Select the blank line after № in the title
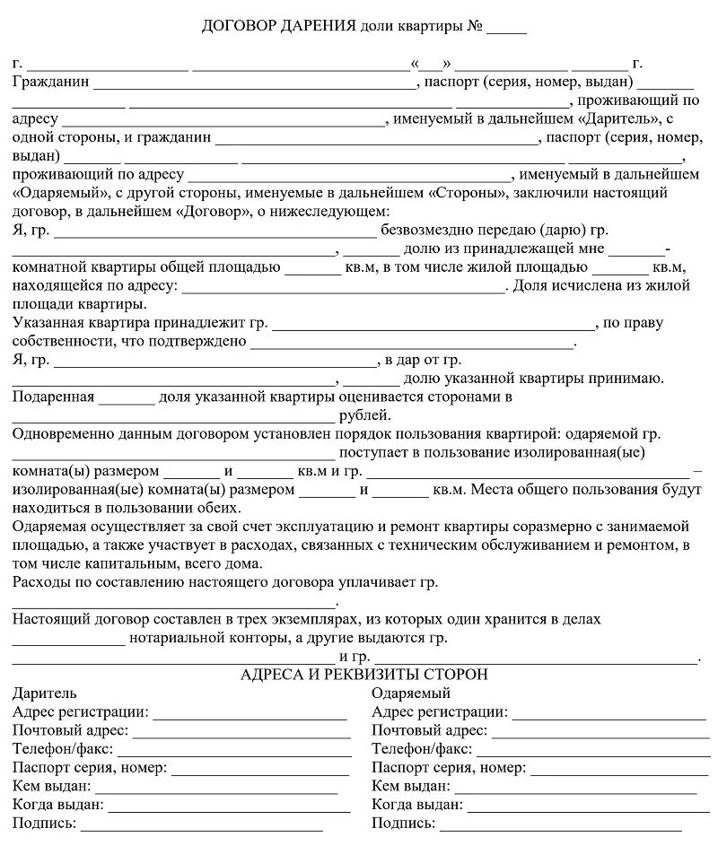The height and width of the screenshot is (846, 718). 507,29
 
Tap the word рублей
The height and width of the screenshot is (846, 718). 363,415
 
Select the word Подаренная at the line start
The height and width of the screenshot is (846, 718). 53,397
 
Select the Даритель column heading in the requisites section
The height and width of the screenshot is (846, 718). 45,693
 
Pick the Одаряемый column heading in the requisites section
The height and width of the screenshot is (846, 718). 410,693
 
